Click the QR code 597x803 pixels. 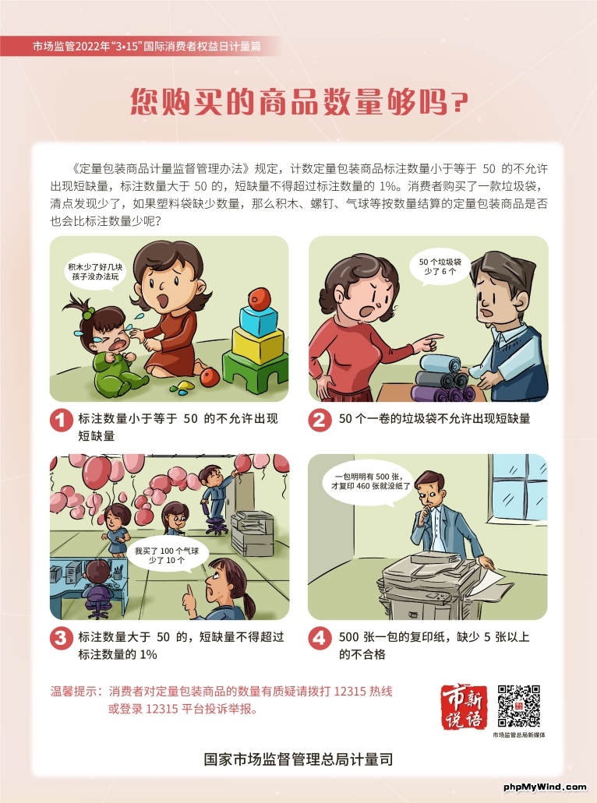tap(518, 706)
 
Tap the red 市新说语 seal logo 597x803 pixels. tap(463, 706)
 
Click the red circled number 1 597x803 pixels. tap(61, 420)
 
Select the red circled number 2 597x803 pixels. tap(320, 420)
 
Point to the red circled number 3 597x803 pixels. tap(61, 638)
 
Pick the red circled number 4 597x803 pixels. tap(320, 638)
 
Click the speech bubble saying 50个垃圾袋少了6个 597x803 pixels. tap(440, 267)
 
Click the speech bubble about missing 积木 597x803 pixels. tap(95, 272)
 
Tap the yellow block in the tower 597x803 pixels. tap(258, 345)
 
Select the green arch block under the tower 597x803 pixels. tap(255, 373)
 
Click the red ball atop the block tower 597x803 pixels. tap(260, 298)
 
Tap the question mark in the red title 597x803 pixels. tap(460, 103)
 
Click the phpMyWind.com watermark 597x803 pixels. tap(546, 787)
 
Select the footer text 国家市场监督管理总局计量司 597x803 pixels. tap(298, 759)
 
